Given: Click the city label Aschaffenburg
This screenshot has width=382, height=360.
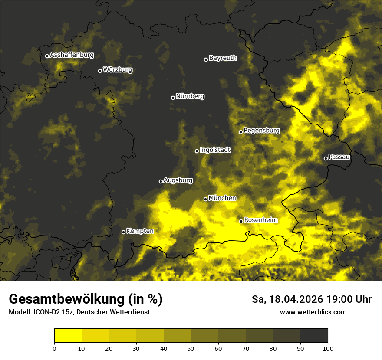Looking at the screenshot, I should pos(72,55).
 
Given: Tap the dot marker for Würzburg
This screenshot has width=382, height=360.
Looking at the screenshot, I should pos(100,71).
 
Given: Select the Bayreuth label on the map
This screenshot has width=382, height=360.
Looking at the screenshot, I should pos(223,58).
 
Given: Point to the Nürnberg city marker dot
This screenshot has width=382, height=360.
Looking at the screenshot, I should pos(173,98).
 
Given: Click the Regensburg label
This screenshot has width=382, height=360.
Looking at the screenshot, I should pos(261,130).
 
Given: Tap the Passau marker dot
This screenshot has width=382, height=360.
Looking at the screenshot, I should pos(326,158).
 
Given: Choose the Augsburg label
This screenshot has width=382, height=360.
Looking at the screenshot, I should pos(178,180).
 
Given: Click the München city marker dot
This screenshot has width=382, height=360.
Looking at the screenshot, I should pos(206,199).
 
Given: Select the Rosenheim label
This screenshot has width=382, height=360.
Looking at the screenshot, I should pos(260,220).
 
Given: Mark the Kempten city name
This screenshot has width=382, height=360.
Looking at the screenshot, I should pos(140,231).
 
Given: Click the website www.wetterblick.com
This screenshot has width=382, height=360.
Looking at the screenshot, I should pos(313,312).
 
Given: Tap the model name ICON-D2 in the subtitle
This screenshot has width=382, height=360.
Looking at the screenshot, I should pos(46,312).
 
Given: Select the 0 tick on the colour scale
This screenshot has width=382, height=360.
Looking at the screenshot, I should pos(54,348).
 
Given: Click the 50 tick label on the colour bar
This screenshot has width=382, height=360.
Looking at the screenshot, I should pos(191,348).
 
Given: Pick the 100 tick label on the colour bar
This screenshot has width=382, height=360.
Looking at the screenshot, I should pos(328,348).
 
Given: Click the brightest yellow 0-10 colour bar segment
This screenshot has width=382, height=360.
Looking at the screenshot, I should pos(68,335).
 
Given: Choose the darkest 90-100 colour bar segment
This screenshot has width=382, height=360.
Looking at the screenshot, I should pos(314,335).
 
